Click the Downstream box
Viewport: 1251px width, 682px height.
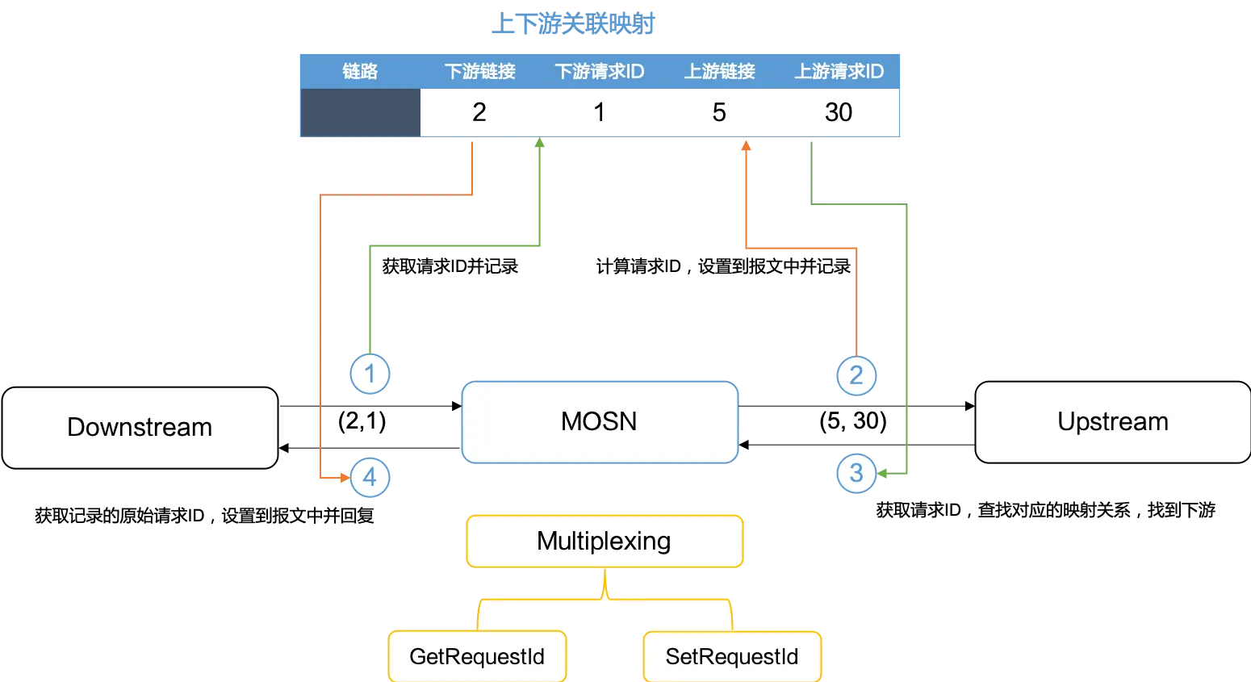(140, 428)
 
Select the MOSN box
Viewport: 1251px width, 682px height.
(599, 422)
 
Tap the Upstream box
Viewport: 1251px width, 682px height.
(1112, 422)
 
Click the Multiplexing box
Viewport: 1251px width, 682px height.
(604, 541)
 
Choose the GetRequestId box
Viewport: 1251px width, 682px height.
(477, 657)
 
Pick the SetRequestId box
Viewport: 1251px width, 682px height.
(731, 657)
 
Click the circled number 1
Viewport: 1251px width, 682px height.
(370, 374)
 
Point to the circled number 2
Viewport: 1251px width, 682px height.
(856, 375)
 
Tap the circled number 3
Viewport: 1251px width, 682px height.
(856, 473)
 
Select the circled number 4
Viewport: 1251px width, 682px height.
(370, 477)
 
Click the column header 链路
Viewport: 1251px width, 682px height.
(360, 72)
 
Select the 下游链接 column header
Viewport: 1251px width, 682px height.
(480, 72)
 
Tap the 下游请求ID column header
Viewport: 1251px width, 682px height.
(600, 72)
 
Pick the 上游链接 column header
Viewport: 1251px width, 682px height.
(719, 72)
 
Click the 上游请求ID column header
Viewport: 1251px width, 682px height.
(839, 72)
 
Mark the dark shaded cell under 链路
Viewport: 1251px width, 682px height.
(362, 113)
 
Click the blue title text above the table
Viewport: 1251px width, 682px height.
(574, 24)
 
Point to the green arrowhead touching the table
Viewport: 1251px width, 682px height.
(540, 144)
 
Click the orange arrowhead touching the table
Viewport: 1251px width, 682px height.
(747, 146)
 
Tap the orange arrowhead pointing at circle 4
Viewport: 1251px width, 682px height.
(345, 478)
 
